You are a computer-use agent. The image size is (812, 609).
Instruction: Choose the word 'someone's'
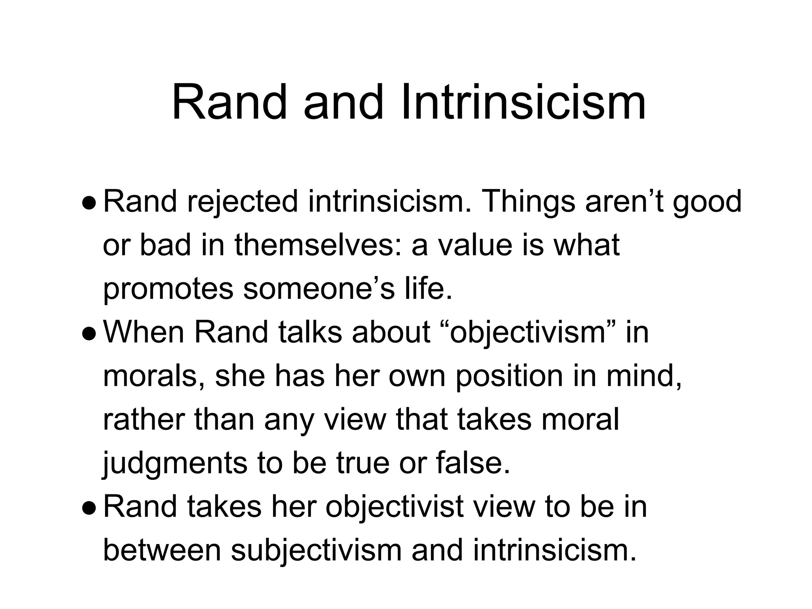point(319,289)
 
